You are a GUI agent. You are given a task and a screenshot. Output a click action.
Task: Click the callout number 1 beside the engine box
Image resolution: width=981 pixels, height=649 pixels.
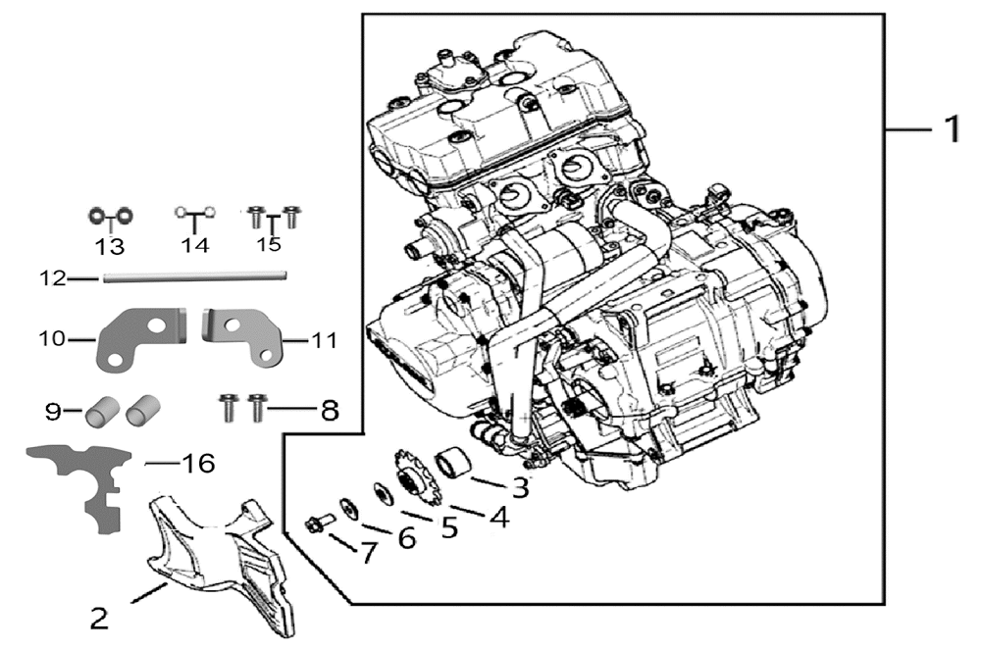(951, 128)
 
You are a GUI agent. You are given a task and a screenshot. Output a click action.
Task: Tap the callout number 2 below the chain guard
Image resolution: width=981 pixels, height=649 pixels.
(99, 619)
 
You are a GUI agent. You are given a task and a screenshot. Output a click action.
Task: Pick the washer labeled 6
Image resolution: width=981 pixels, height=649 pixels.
(350, 509)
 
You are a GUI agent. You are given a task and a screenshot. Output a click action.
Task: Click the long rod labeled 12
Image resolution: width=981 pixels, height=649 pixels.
(194, 276)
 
